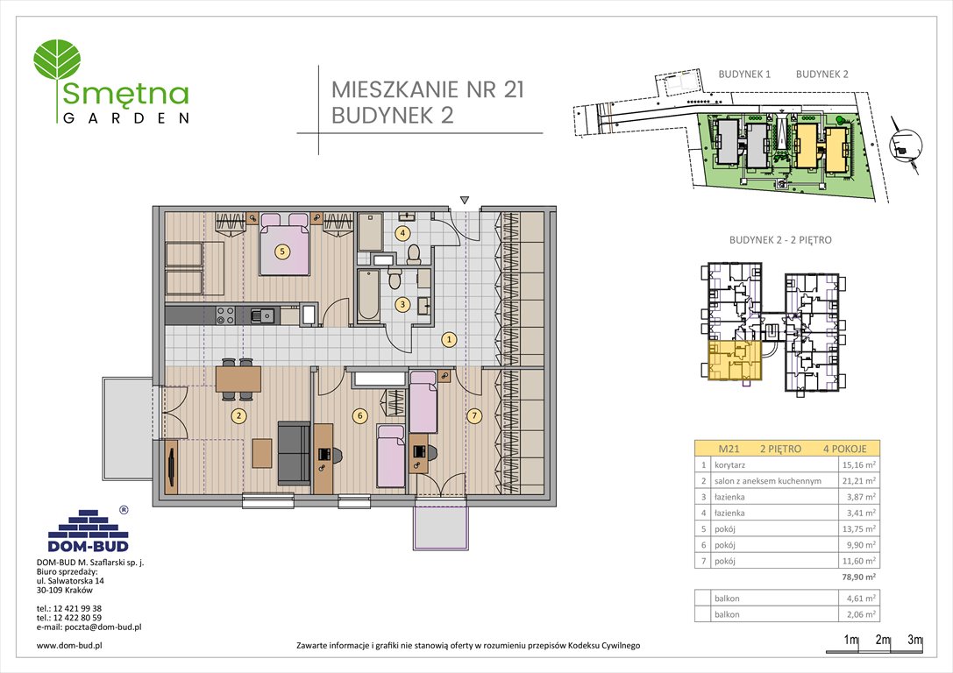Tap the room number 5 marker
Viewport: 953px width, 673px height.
coord(281,251)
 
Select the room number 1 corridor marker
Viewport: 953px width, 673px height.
coord(448,339)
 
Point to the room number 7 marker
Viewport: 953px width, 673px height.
coord(474,415)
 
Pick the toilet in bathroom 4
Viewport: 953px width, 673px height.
coord(414,253)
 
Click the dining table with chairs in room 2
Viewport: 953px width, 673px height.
coord(238,377)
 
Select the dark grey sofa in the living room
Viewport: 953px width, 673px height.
coord(294,451)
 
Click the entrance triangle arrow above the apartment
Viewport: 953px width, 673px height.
coord(465,200)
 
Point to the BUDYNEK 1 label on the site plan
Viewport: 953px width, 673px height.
coord(743,74)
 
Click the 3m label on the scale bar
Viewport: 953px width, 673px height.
coord(914,640)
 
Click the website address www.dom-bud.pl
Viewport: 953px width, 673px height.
coord(72,645)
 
